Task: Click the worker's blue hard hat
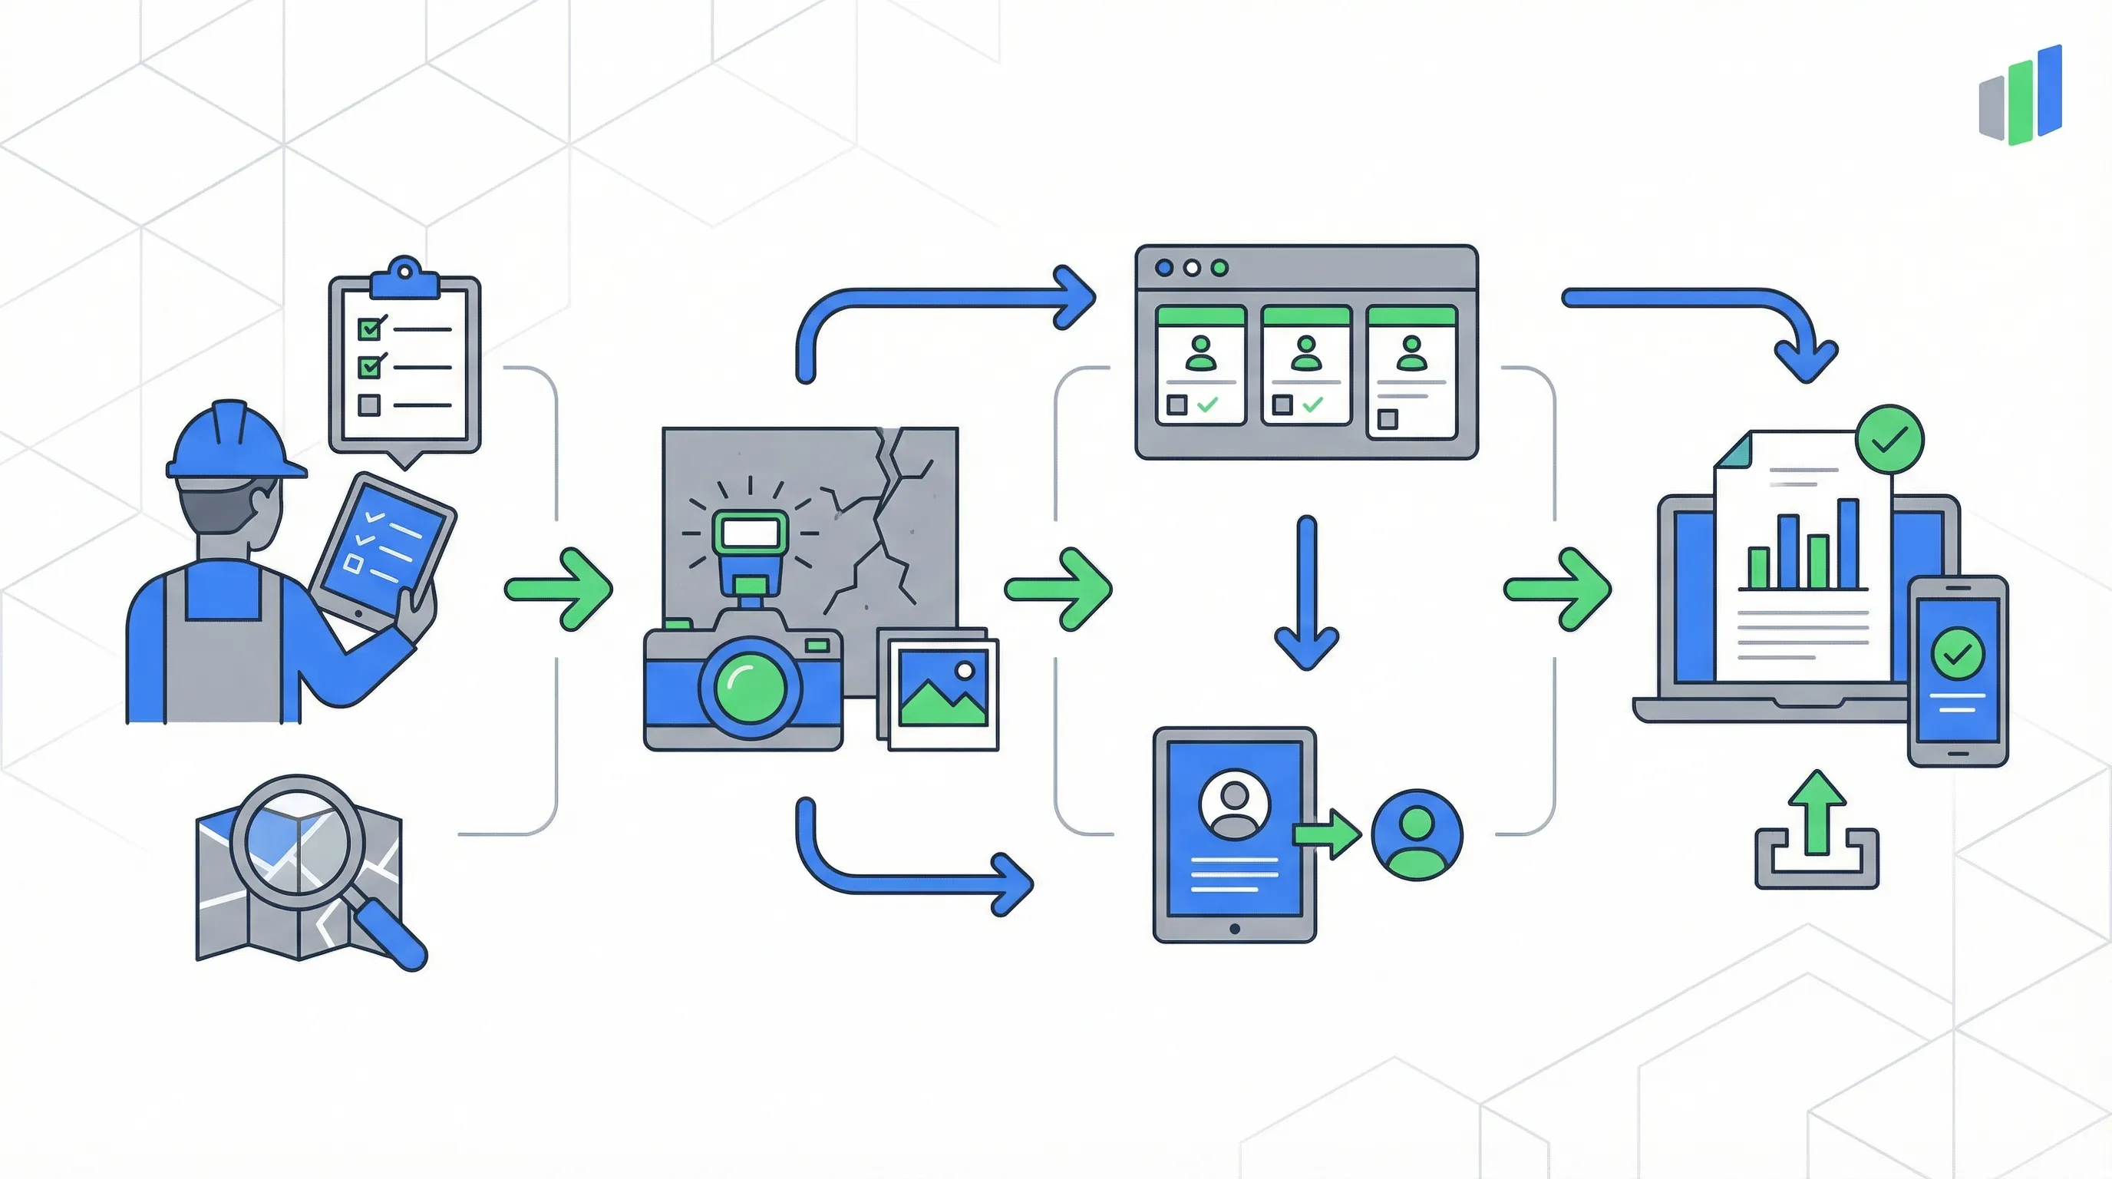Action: [x=232, y=443]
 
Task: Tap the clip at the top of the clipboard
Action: [x=405, y=279]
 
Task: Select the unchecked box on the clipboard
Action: [x=369, y=405]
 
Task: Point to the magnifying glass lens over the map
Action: [x=297, y=841]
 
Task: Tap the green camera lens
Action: [x=748, y=687]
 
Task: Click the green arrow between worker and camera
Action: [x=561, y=589]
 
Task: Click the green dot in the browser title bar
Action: [x=1219, y=268]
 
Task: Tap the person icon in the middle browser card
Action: [x=1305, y=353]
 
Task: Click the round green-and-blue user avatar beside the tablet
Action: [x=1416, y=835]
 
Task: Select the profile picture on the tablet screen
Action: [x=1234, y=804]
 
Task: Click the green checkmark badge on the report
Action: [x=1889, y=441]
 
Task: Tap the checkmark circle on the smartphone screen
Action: [x=1958, y=653]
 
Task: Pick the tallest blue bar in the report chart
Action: [x=1848, y=543]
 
